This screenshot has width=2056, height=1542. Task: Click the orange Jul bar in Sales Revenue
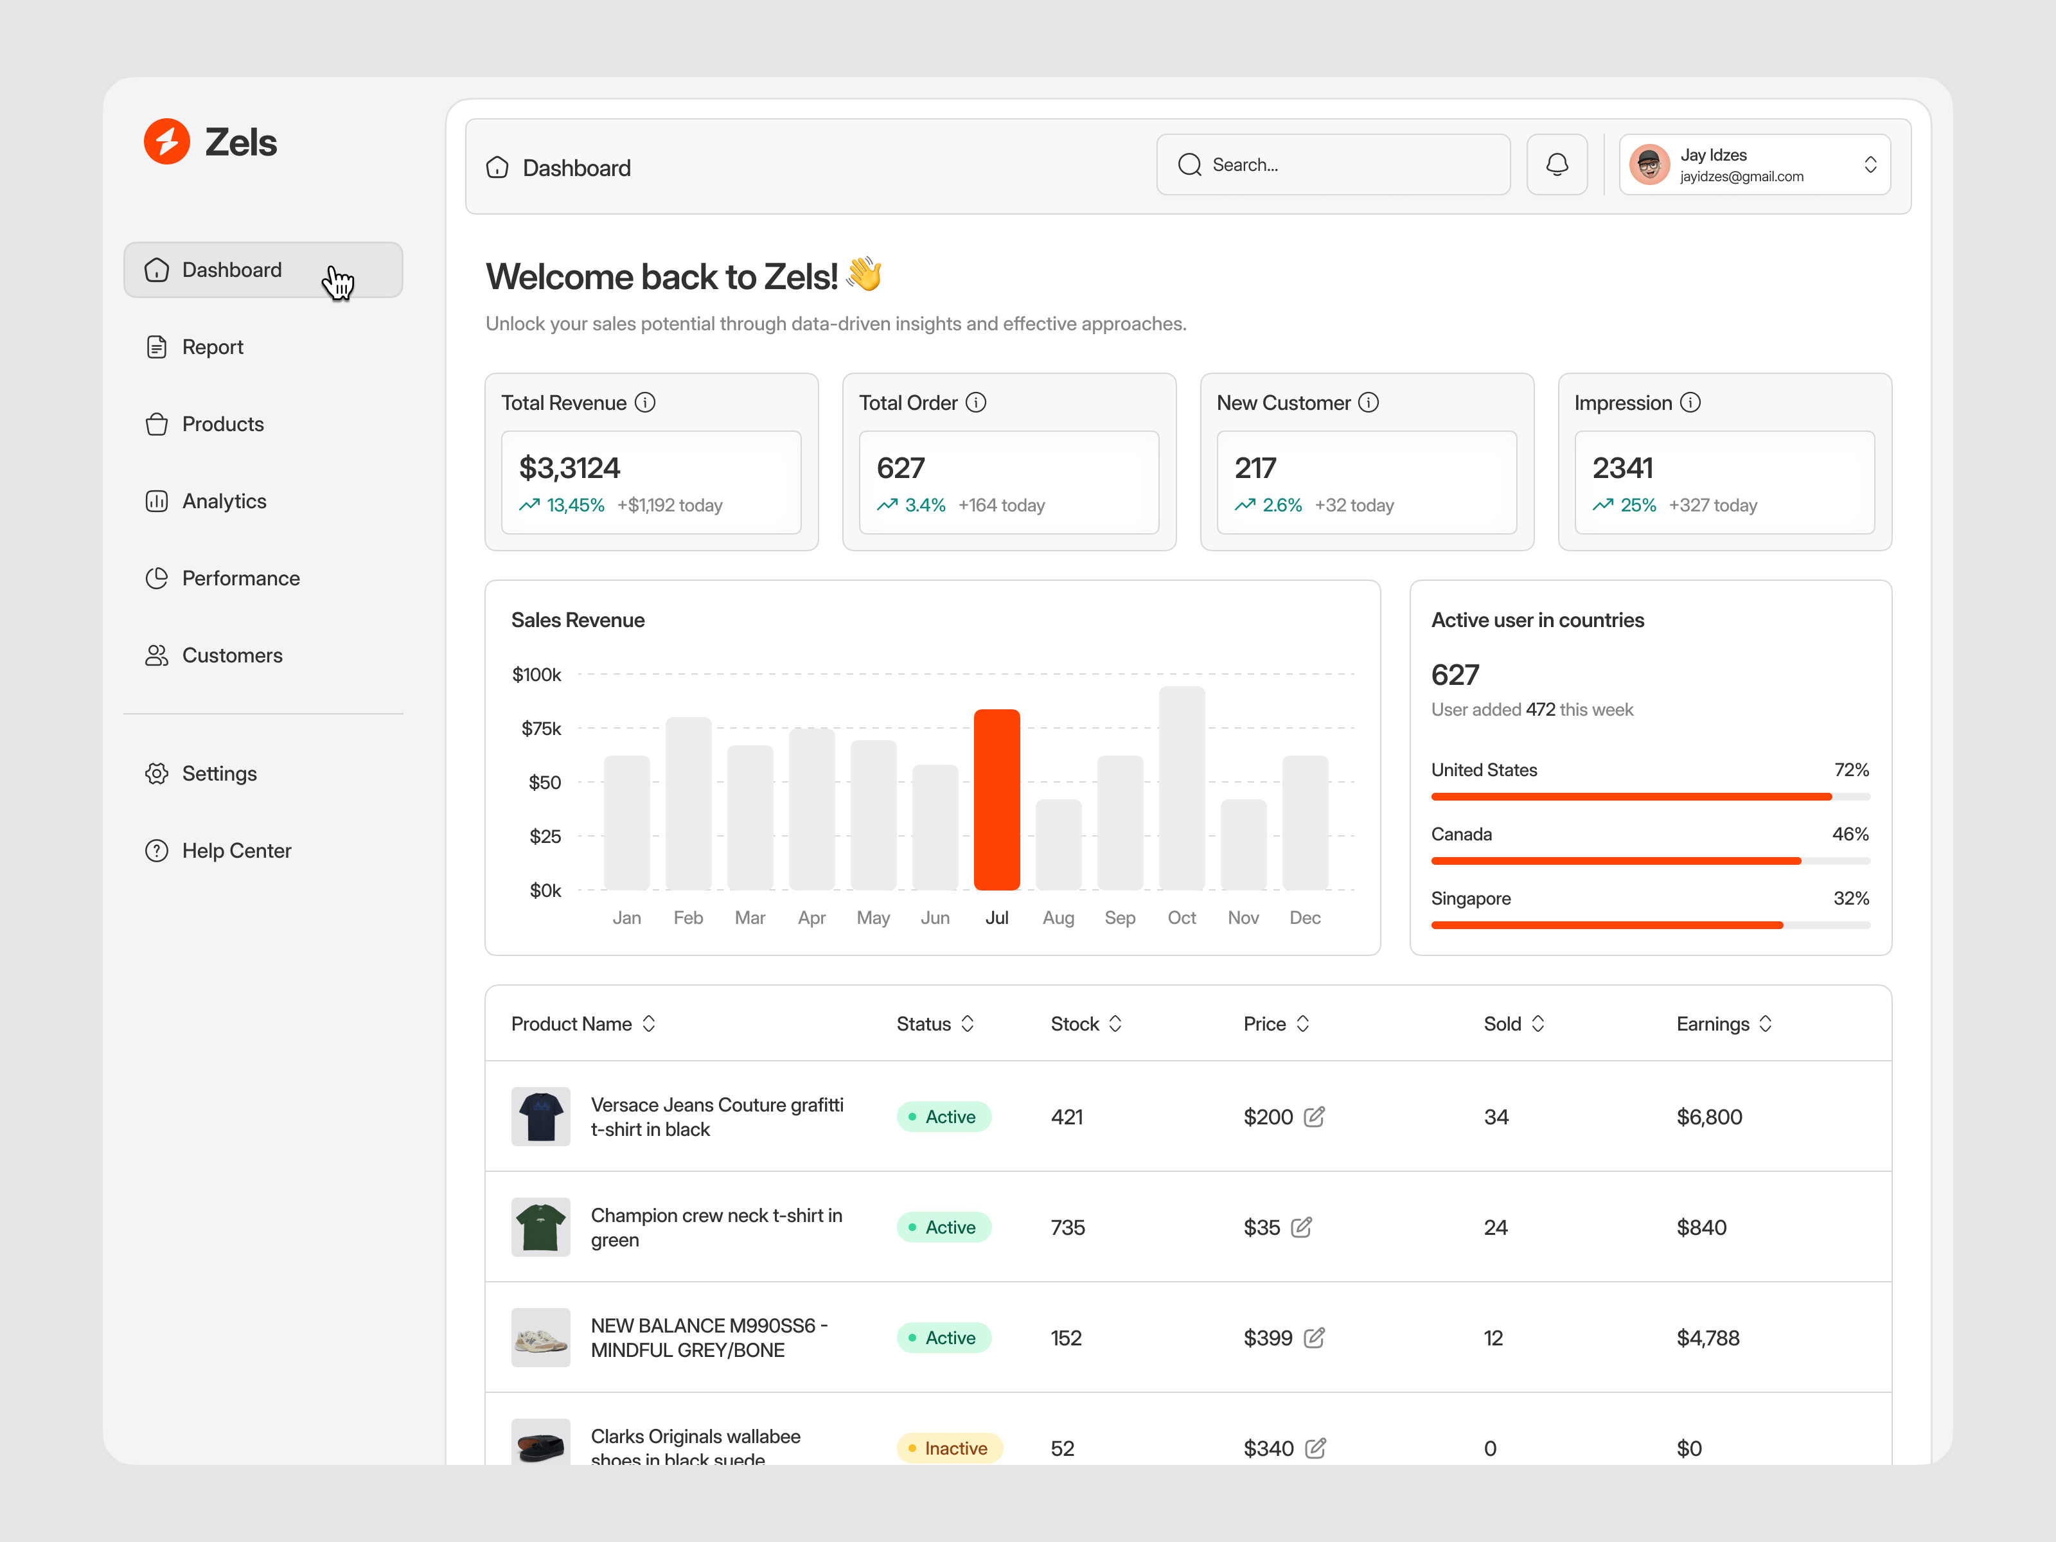997,799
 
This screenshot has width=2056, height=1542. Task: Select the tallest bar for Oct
1182,788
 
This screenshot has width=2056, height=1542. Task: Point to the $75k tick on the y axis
541,729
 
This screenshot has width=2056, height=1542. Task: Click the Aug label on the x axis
1058,918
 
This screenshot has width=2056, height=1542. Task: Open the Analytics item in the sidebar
224,501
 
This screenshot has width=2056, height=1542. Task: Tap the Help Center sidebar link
236,851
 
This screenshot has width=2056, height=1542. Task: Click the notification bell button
1557,164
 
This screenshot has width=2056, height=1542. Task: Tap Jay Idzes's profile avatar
1650,164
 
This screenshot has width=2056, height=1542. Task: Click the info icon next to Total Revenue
645,402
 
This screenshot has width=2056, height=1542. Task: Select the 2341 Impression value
1623,468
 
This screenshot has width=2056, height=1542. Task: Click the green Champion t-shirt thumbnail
541,1227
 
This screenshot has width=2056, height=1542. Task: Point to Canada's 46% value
1850,834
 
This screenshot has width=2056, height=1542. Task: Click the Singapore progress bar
1650,925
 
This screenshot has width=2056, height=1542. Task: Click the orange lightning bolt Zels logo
167,141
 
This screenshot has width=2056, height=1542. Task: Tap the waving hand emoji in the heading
864,274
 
